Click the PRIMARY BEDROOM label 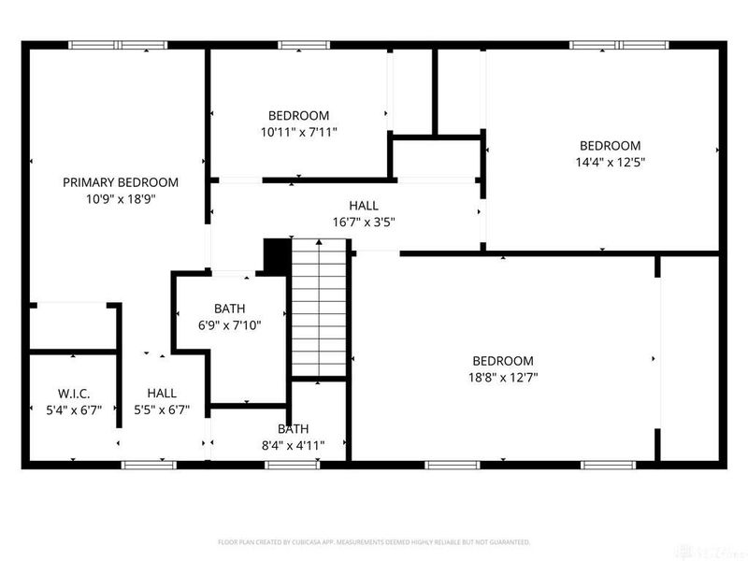[120, 182]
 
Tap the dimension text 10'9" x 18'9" [120, 199]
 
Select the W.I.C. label [73, 394]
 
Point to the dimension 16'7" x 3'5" [364, 223]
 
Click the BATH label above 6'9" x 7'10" [229, 308]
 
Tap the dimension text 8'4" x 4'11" [293, 445]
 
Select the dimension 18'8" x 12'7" [502, 377]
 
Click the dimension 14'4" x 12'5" [610, 162]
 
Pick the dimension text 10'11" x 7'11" [298, 133]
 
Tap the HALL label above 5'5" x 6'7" [162, 394]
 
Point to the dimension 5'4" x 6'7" [73, 410]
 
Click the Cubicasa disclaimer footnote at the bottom [374, 541]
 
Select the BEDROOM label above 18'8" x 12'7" [502, 361]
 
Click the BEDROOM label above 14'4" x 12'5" [610, 145]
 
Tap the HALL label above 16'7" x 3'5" [364, 206]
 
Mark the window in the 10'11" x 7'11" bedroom [298, 44]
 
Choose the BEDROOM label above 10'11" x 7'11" [298, 116]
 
